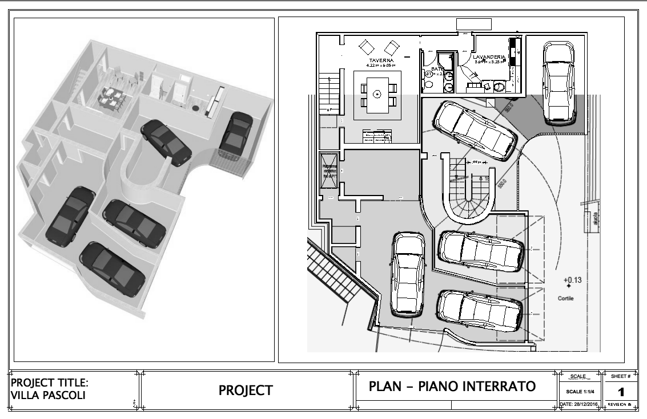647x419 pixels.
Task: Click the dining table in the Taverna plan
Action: click(376, 94)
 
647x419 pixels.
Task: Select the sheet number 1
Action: click(620, 393)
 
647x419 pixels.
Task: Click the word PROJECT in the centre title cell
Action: click(246, 390)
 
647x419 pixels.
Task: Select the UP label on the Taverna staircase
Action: click(329, 109)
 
